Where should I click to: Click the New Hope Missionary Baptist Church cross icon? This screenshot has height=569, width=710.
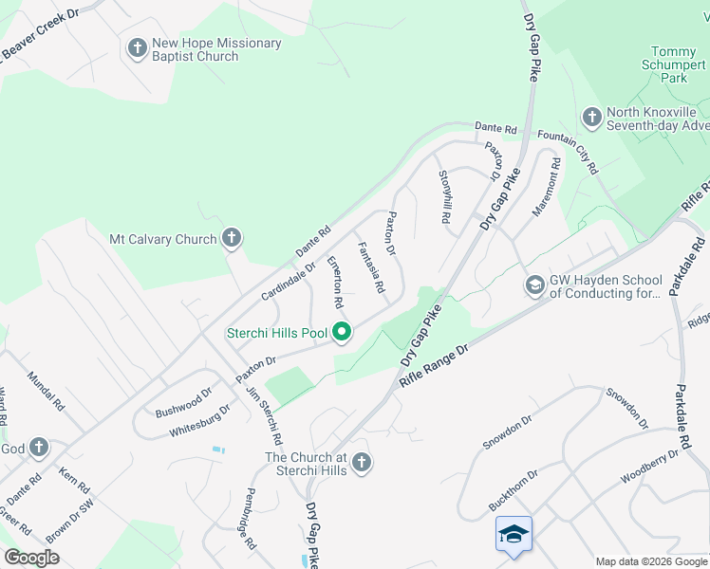(x=137, y=47)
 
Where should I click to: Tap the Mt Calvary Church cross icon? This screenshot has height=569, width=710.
(x=231, y=238)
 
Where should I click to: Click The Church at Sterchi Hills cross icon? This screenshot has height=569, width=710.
(x=360, y=463)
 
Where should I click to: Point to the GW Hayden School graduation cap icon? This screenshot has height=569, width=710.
(x=535, y=284)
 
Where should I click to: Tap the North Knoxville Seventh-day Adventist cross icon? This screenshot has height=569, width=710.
(x=592, y=117)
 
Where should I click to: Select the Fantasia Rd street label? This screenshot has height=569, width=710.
(x=369, y=266)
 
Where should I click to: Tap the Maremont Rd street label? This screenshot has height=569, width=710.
(x=548, y=187)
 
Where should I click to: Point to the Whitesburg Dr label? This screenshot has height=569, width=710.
(x=200, y=420)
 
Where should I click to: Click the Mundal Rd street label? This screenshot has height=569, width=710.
(x=47, y=390)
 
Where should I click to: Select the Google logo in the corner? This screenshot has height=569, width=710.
(x=31, y=557)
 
